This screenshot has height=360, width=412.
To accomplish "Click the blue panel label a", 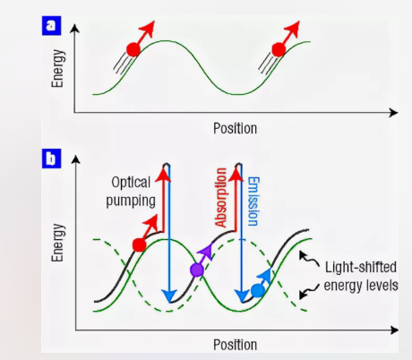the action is coord(51,26).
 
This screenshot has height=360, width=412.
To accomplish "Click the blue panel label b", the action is coord(51,159).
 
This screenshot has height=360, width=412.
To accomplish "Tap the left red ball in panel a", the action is coord(133,49).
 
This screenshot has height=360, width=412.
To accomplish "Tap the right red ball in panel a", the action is coord(279,49).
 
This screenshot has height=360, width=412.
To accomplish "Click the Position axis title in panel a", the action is coord(235,128).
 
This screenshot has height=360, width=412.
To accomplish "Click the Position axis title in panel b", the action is coord(235,345).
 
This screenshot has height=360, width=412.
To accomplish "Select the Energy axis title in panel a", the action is coord(57,68).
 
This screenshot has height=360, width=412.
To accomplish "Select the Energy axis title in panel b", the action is coord(57,243).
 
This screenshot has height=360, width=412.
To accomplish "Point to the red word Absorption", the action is coord(221,198).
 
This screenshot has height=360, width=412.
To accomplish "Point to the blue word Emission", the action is coord(253,201).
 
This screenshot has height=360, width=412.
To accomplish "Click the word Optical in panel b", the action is coord(131,182).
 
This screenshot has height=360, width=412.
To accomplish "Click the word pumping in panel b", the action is coord(131,201).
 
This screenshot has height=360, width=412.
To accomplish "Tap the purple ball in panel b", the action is coord(197,270).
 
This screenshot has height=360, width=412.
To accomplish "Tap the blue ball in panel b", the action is coord(258,290).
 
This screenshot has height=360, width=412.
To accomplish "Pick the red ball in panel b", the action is coord(139,245).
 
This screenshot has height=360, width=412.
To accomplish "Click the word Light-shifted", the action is coord(361,267).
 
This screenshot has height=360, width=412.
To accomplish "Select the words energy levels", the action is coord(361,286).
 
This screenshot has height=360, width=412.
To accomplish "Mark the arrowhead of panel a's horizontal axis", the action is coord(394,113).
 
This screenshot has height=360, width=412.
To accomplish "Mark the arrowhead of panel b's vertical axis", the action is coord(76,159).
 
